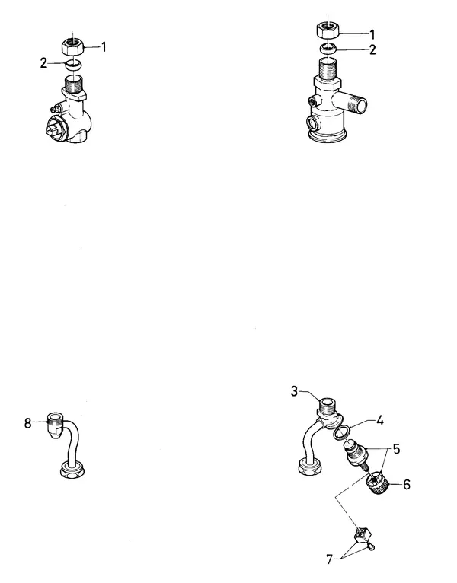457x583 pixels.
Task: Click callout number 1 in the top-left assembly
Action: click(x=104, y=47)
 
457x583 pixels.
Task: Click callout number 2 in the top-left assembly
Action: click(x=44, y=63)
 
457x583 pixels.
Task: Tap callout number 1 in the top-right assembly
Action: click(x=372, y=35)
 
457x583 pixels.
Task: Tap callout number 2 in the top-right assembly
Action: click(x=372, y=49)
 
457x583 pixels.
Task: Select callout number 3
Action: click(x=294, y=391)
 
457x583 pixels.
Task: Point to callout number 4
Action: click(x=380, y=421)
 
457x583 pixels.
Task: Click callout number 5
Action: click(x=396, y=449)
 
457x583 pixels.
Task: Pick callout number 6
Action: click(x=407, y=485)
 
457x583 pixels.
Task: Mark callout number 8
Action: click(x=28, y=423)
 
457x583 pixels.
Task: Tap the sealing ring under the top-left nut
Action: click(x=72, y=65)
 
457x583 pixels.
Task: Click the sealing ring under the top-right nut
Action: click(x=328, y=48)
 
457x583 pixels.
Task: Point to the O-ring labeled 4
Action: click(x=342, y=433)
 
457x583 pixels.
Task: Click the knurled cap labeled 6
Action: click(x=378, y=483)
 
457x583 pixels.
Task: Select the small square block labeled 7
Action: click(x=363, y=535)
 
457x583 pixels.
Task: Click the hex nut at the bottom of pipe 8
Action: click(x=72, y=470)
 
